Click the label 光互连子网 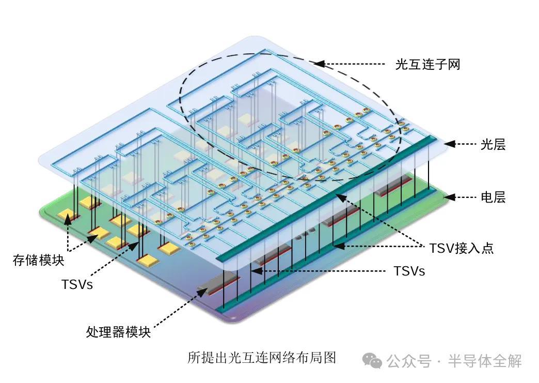[427, 65]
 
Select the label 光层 [493, 145]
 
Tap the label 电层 [493, 197]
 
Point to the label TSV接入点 [461, 248]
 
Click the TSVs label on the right [409, 271]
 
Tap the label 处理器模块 [118, 332]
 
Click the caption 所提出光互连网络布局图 [262, 358]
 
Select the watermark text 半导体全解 [485, 360]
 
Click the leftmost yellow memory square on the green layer [66, 216]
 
